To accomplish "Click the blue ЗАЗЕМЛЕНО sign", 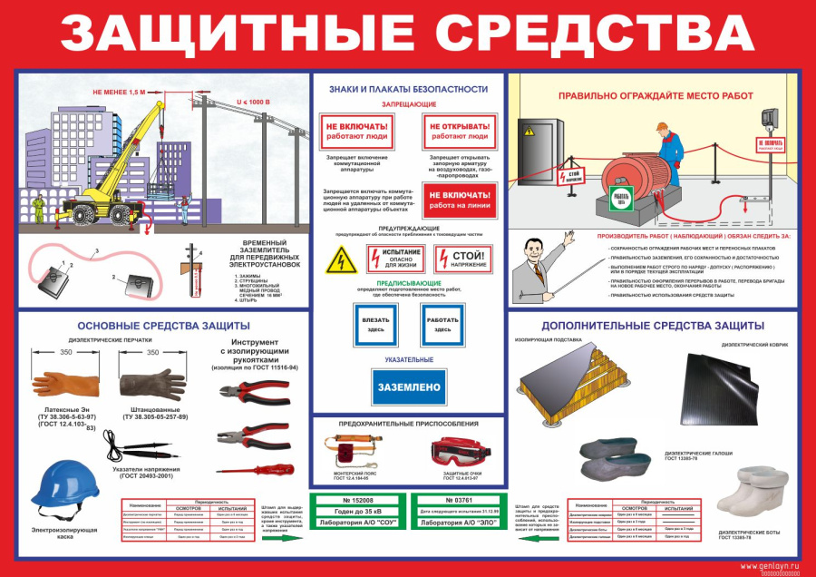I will (x=408, y=387).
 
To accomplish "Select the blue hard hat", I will (x=64, y=484).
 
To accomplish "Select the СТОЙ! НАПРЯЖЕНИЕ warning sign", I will (x=463, y=259).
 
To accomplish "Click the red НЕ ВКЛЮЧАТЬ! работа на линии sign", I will (x=461, y=199).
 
